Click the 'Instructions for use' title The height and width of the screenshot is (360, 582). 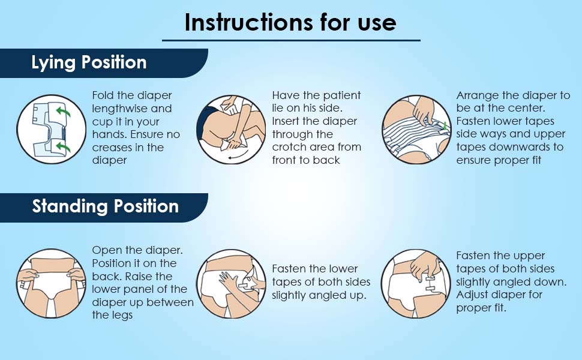point(290,22)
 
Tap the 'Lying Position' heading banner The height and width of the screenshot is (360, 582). point(103,63)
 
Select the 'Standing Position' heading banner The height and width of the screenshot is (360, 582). point(103,208)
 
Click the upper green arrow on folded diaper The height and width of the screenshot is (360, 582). point(63,111)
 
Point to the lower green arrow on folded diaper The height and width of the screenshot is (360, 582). point(63,148)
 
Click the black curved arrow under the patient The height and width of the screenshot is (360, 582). point(237,157)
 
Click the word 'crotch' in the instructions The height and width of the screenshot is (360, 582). point(287,147)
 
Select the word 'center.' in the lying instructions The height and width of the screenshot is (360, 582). point(527,109)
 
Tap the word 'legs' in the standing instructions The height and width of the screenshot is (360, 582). point(122,316)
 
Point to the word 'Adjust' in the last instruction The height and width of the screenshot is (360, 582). point(473,295)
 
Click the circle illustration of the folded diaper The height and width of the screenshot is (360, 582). point(51,129)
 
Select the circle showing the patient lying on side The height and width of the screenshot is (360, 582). point(231,129)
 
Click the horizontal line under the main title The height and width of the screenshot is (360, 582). point(291,40)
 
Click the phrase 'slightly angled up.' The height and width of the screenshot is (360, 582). point(319,295)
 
